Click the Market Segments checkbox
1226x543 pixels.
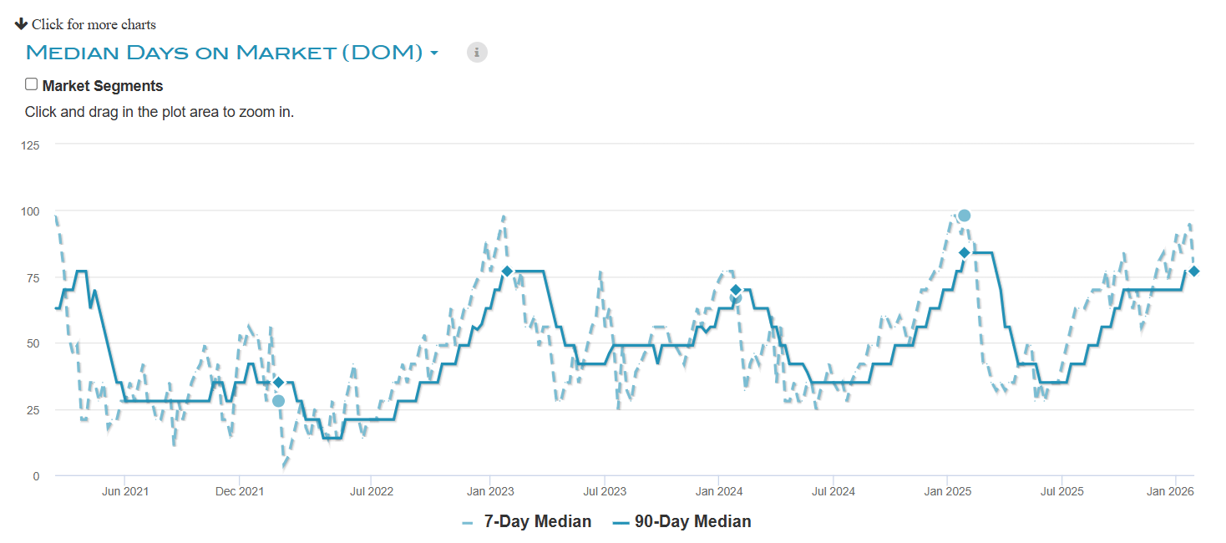[x=32, y=84]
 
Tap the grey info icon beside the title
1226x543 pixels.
[x=477, y=52]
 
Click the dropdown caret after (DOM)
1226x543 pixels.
[x=434, y=53]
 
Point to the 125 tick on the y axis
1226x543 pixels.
[x=30, y=145]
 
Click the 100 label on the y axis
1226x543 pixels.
[x=30, y=211]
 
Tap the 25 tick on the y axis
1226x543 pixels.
[x=33, y=409]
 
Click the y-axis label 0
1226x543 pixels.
[x=36, y=476]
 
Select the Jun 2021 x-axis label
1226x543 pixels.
[x=125, y=491]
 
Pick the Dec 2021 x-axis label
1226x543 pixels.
[x=239, y=491]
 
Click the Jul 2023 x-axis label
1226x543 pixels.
[x=604, y=491]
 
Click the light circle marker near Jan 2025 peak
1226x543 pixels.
[x=965, y=216]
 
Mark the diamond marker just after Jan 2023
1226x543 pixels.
[x=507, y=271]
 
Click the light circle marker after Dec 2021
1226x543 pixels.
[x=279, y=401]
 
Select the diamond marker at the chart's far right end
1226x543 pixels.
[x=1194, y=271]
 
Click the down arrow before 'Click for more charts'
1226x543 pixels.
[x=22, y=23]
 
